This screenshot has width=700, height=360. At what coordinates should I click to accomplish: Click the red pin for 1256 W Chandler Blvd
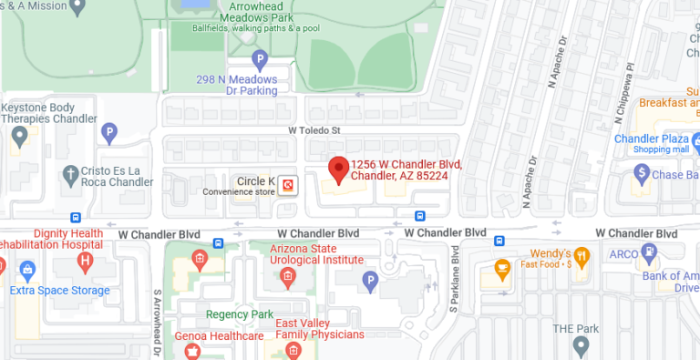coord(338,169)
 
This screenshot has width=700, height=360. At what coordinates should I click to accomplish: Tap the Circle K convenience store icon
coord(288,184)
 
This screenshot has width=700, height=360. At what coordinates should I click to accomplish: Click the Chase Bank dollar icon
coord(642,172)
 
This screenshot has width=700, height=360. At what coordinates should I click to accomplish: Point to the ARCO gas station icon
coord(649,251)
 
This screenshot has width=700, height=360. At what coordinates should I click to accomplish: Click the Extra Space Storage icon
coord(26,270)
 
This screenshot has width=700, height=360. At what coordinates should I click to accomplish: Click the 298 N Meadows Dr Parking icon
coord(260,62)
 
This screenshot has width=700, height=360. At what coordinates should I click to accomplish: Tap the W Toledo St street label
coord(314,130)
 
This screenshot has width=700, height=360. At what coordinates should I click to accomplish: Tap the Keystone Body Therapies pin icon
coord(17,136)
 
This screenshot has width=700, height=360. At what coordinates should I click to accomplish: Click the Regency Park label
coord(240,314)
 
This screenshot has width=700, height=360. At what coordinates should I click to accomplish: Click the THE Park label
coord(577,328)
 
